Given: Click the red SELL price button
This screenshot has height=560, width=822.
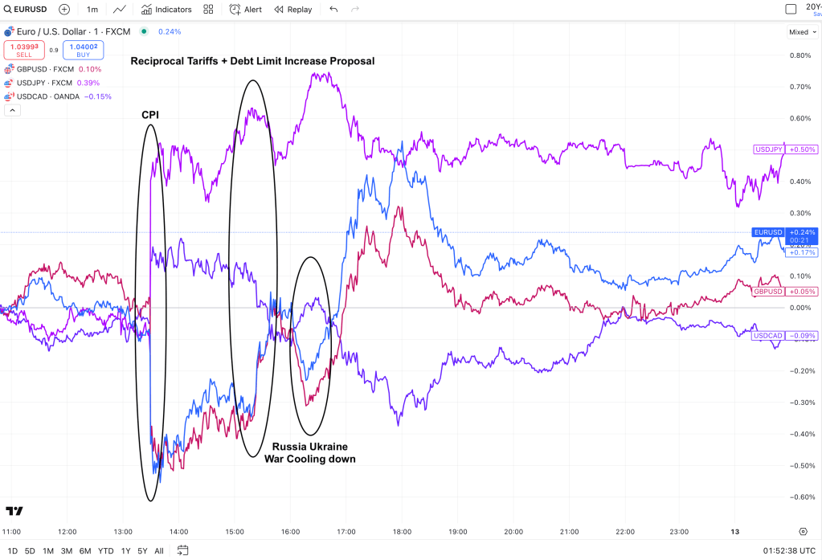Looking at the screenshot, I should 24,50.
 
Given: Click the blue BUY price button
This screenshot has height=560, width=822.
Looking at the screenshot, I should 83,50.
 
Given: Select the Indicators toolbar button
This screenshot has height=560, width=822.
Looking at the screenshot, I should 166,10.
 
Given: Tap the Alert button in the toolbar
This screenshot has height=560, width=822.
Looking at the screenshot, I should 246,10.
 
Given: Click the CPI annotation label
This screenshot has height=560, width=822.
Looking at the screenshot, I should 150,115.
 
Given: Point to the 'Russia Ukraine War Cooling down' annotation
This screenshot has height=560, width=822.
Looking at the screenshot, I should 309,452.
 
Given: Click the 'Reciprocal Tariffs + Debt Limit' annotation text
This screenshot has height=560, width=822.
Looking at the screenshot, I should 252,61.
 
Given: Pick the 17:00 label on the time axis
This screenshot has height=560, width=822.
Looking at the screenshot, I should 346,532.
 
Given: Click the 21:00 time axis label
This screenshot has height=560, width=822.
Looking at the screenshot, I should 570,532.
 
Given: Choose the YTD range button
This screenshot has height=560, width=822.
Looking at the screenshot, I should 105,550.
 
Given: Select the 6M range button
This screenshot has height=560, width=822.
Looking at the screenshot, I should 84,550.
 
